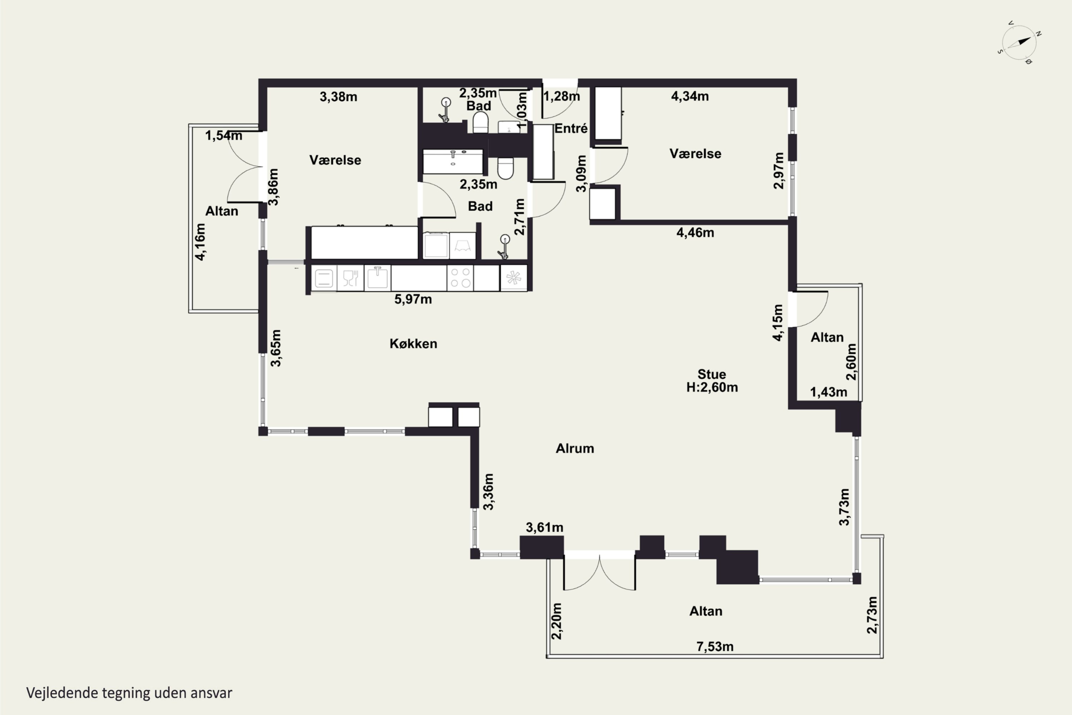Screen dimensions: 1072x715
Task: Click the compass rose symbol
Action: point(1019,43)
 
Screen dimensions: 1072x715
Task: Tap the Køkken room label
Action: point(413,343)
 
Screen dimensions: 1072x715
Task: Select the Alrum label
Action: point(575,448)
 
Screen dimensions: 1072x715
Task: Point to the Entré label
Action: point(571,129)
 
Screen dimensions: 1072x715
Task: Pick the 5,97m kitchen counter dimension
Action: point(413,299)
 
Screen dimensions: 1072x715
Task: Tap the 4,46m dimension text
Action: point(695,233)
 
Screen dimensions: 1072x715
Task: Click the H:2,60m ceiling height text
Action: point(712,387)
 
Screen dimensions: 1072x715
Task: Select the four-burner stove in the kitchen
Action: point(460,278)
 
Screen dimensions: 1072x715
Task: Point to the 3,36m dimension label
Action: point(488,492)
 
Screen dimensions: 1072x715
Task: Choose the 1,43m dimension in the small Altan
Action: point(829,392)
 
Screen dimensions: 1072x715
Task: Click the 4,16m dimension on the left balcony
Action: point(200,242)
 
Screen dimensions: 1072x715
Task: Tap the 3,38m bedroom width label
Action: point(338,97)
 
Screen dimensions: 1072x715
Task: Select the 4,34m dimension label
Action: point(690,96)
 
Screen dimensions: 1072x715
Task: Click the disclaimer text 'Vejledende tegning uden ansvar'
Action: point(129,693)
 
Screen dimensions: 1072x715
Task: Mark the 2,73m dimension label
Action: point(872,615)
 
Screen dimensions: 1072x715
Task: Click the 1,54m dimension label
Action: point(223,135)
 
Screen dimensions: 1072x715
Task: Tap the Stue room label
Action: point(711,374)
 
